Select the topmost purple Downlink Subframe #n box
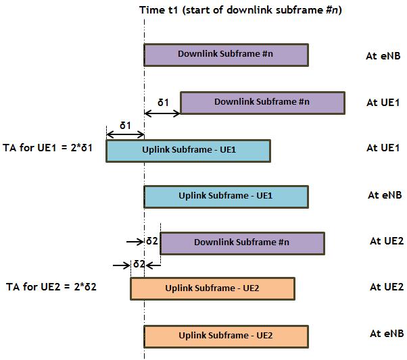click(226, 55)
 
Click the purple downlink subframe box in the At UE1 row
click(262, 103)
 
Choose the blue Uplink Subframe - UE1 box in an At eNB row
click(226, 197)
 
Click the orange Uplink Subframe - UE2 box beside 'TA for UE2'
click(212, 288)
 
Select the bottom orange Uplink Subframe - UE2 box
click(226, 336)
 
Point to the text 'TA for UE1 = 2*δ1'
click(51, 148)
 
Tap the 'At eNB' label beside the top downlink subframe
click(383, 56)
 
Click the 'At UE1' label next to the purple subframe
click(383, 103)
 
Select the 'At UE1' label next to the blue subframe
click(383, 148)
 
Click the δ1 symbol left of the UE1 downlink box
click(163, 102)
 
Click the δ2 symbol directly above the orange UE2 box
click(139, 264)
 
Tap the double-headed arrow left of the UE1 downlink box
click(162, 112)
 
